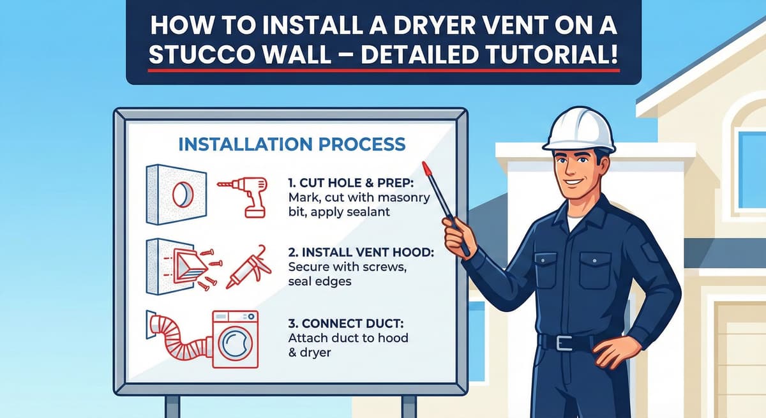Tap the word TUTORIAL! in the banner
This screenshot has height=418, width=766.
click(x=552, y=54)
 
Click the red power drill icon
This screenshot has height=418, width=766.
click(x=244, y=197)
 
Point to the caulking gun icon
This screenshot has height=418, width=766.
click(x=248, y=267)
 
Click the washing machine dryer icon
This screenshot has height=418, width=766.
click(x=236, y=339)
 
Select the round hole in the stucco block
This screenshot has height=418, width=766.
click(x=183, y=195)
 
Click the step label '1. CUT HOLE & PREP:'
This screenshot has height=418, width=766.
click(x=351, y=183)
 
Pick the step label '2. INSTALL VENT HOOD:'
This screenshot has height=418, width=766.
click(x=361, y=252)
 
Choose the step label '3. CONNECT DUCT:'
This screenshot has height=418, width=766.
click(x=346, y=324)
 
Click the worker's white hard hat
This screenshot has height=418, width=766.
click(x=579, y=129)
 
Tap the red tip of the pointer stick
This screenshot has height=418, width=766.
click(x=426, y=168)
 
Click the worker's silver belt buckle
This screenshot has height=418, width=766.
click(x=564, y=343)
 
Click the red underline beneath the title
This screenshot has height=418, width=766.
click(x=384, y=70)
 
